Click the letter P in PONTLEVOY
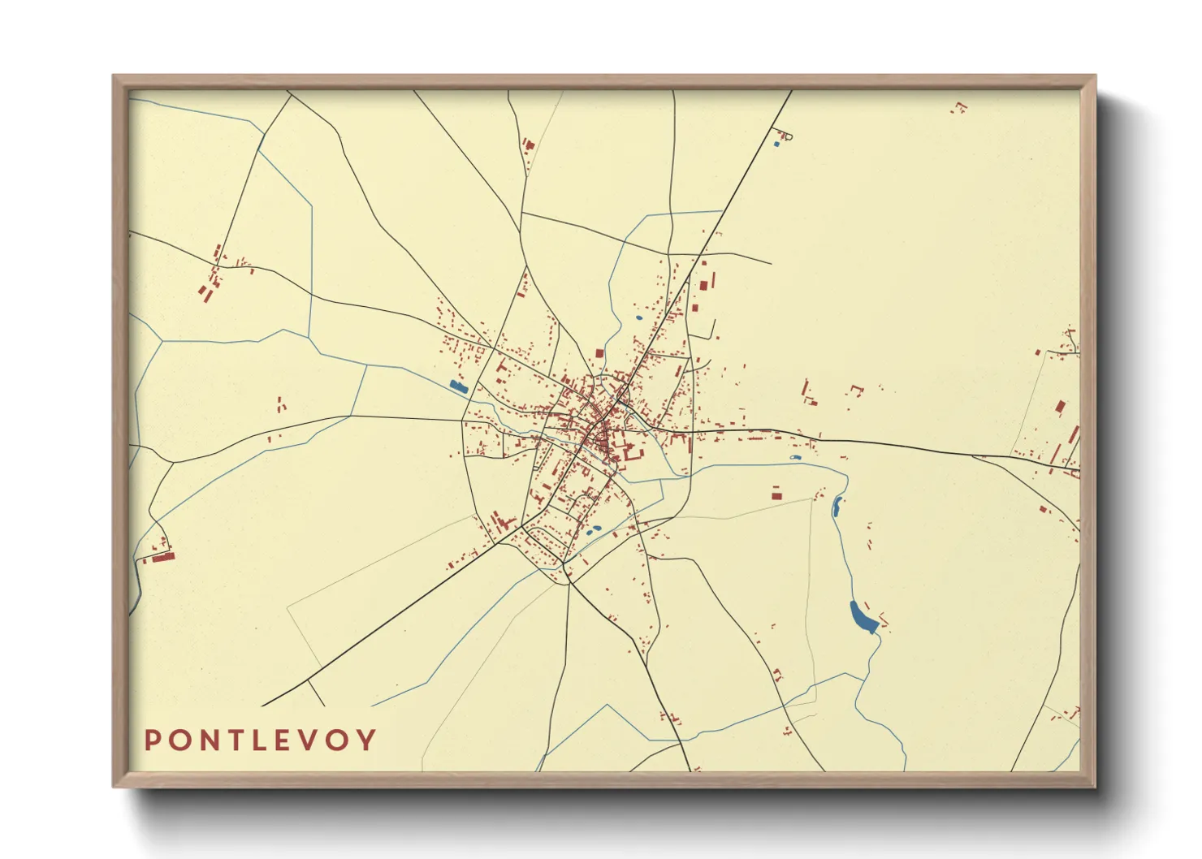pyautogui.click(x=152, y=740)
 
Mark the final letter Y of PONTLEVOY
pyautogui.click(x=368, y=740)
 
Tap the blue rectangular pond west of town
pyautogui.click(x=459, y=387)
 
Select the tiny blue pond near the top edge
pyautogui.click(x=776, y=145)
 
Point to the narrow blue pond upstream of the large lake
pyautogui.click(x=837, y=507)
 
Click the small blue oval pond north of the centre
pyautogui.click(x=638, y=317)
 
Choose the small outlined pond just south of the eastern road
pyautogui.click(x=795, y=458)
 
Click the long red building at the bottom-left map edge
pyautogui.click(x=164, y=557)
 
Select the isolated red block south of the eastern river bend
pyautogui.click(x=776, y=492)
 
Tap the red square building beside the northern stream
pyautogui.click(x=599, y=353)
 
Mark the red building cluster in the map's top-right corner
pyautogui.click(x=961, y=106)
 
